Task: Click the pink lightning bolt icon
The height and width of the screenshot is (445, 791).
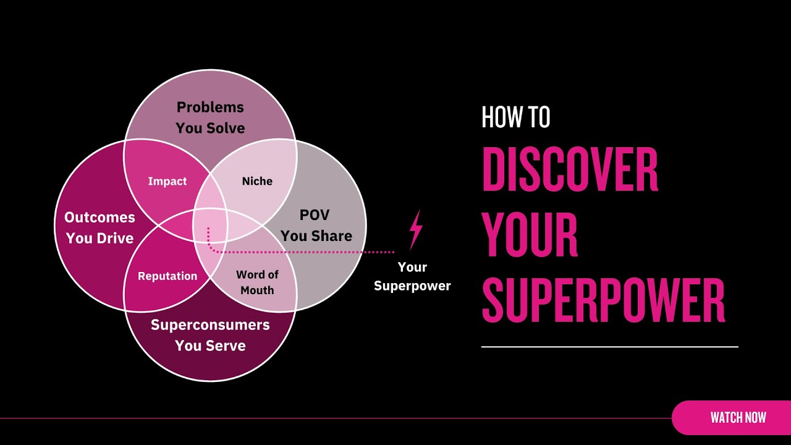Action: (416, 229)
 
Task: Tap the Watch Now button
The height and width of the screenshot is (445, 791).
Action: (738, 418)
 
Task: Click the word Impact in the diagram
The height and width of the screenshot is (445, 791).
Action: (167, 181)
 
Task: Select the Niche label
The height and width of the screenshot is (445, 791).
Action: (257, 181)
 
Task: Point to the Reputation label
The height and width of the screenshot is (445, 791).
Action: (167, 276)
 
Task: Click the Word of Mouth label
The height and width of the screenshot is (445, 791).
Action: (257, 282)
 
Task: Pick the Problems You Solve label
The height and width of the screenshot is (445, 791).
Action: (210, 117)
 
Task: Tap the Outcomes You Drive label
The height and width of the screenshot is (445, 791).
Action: (99, 227)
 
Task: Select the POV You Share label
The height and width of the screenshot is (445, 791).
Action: (316, 226)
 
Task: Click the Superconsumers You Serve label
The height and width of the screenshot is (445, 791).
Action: (210, 335)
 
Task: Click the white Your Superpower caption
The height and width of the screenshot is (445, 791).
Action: (412, 276)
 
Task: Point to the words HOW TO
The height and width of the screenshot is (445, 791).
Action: (515, 117)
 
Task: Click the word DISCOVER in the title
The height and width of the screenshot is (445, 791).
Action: (570, 170)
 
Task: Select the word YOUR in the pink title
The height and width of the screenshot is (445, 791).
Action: (530, 235)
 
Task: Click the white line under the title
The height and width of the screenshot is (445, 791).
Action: (609, 347)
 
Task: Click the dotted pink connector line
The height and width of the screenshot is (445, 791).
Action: (309, 252)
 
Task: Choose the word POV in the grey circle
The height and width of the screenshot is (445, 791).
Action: (315, 215)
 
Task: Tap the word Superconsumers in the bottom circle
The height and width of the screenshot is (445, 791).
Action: (210, 325)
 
